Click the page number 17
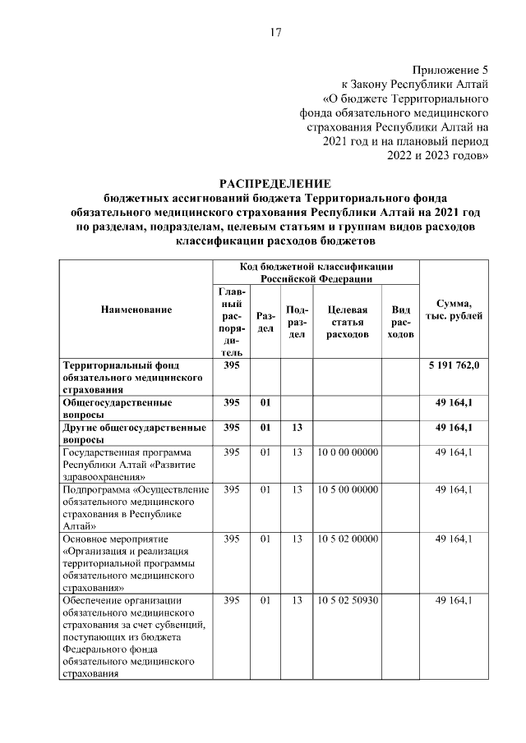pos(275,33)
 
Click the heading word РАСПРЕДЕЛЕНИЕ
pos(275,182)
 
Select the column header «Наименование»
pos(136,310)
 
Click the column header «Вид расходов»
pos(401,322)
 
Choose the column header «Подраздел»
pos(297,322)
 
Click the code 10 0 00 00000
pos(346,452)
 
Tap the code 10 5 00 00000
pos(346,489)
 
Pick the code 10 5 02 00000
pos(346,539)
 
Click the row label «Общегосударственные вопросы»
pos(118,409)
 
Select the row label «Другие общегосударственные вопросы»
pos(134,433)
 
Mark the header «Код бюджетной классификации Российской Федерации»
pos(316,273)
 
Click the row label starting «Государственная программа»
pos(128,464)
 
